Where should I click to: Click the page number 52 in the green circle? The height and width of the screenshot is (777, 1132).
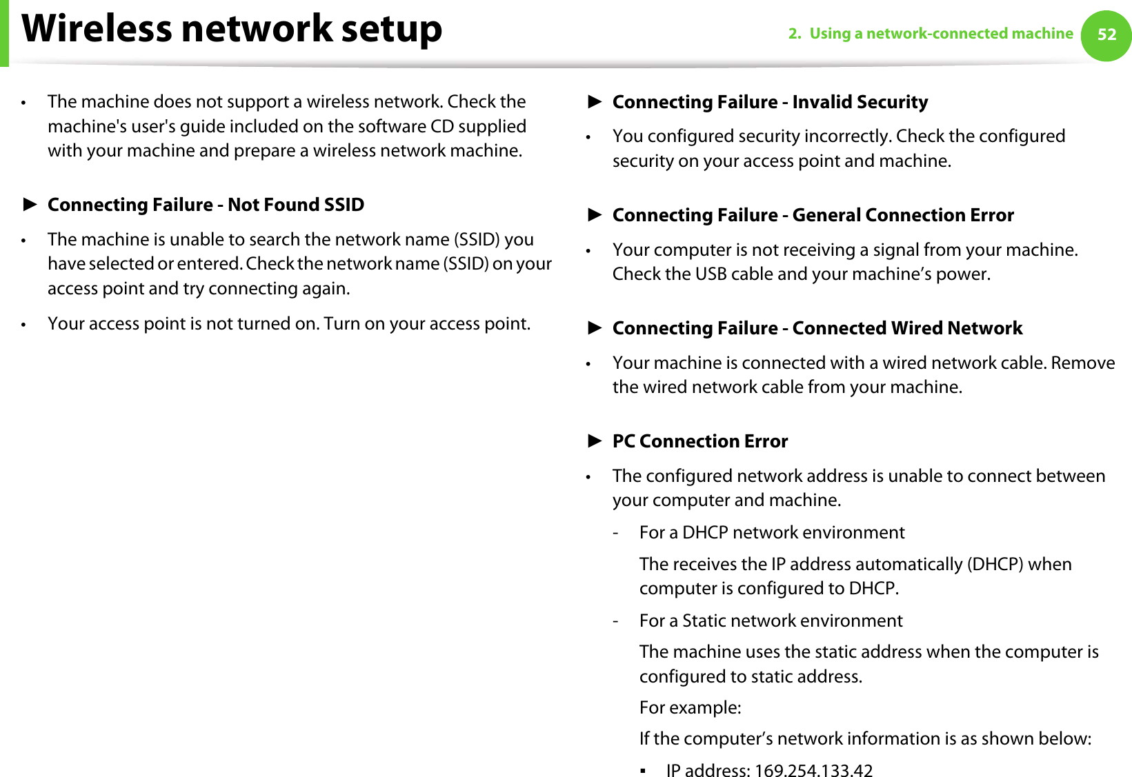coord(1106,34)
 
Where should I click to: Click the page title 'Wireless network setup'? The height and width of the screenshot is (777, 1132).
coord(232,29)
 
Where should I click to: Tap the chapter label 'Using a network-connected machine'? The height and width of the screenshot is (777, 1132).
coord(941,34)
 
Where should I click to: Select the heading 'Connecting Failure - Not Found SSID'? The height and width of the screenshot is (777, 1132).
coord(206,205)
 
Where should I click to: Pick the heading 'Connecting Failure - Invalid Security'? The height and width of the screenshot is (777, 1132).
coord(770,102)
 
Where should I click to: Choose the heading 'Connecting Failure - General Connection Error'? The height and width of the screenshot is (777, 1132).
coord(813,215)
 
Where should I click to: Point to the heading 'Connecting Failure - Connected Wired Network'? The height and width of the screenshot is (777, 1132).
coord(817,328)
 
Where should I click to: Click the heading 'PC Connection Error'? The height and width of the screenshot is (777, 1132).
coord(699,441)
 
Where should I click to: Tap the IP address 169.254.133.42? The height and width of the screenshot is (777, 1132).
coord(814,770)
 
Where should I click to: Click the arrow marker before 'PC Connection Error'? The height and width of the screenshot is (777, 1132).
coord(595,441)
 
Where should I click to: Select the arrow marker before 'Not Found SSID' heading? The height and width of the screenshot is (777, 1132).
coord(30,204)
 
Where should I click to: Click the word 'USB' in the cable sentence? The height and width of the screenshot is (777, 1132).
coord(711,274)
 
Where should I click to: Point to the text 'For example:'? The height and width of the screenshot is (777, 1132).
coord(690,708)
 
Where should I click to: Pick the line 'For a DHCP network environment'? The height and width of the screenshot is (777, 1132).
coord(771,533)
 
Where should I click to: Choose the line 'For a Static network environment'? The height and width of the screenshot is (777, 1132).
coord(771,621)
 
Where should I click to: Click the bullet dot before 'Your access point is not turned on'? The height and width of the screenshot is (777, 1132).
coord(24,325)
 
